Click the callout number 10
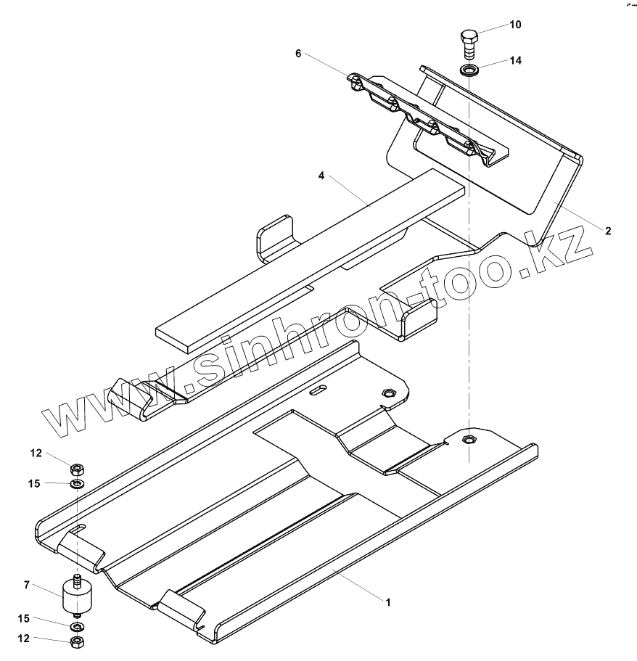coord(514,25)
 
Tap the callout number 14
coord(515,61)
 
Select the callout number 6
coord(298,54)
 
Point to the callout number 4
coord(320,176)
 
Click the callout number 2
coord(608,231)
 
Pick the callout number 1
coord(388,602)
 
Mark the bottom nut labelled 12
coord(77,641)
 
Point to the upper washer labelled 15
coord(77,483)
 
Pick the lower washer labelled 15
coord(77,626)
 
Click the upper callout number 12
coord(37,453)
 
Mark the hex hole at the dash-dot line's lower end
coord(469,439)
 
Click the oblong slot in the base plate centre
coord(318,391)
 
